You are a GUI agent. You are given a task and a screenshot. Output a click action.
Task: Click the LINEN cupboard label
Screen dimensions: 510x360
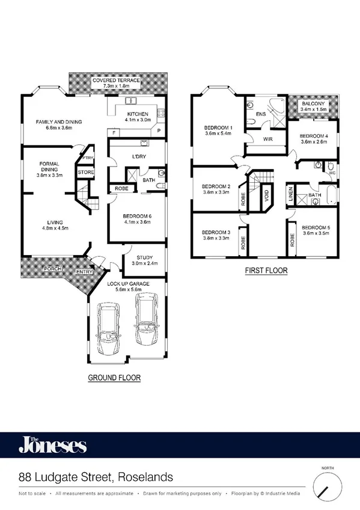pyautogui.click(x=290, y=194)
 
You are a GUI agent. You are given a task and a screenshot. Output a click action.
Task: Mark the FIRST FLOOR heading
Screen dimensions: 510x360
pyautogui.click(x=266, y=271)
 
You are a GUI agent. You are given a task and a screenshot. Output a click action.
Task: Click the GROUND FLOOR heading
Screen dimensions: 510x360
pyautogui.click(x=114, y=378)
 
